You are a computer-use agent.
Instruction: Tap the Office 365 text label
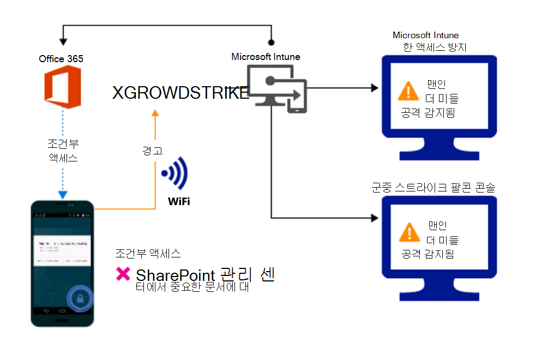(61, 58)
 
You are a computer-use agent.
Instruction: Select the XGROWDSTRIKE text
(180, 93)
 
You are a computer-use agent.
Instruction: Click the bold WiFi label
(179, 202)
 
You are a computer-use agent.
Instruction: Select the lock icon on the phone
(81, 298)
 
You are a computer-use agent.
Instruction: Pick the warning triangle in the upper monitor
(408, 91)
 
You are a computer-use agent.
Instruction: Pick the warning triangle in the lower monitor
(408, 232)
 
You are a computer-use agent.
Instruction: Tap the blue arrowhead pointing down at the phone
(63, 195)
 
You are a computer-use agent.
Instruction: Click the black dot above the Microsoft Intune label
(271, 42)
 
